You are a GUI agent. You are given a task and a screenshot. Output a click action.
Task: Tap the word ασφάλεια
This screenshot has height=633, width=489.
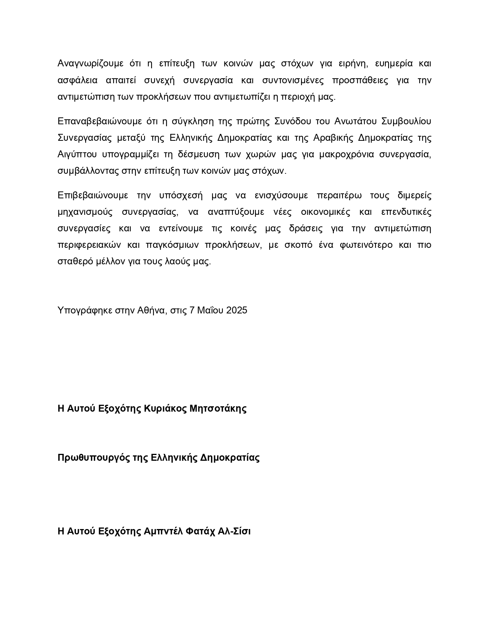(x=77, y=80)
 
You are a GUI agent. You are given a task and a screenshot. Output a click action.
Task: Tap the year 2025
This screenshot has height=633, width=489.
(x=237, y=310)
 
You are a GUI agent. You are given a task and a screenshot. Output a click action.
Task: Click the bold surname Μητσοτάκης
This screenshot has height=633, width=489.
(x=218, y=408)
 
